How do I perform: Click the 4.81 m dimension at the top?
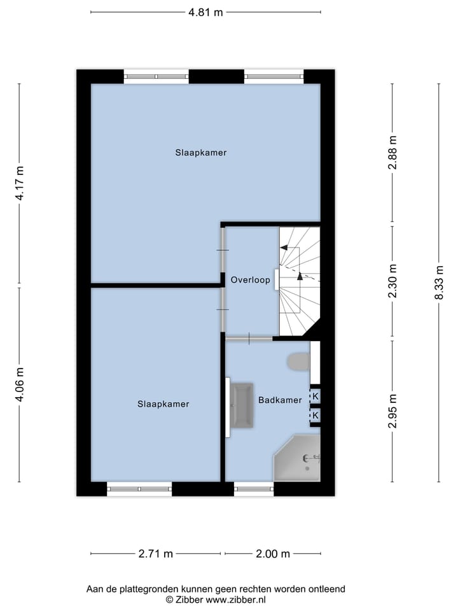click(x=205, y=11)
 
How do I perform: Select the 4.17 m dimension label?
click(x=20, y=183)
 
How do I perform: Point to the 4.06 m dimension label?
click(x=20, y=385)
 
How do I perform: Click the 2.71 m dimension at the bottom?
click(x=156, y=554)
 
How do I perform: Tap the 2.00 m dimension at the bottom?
click(x=272, y=554)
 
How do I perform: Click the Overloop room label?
click(x=251, y=279)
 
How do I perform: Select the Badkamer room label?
click(x=280, y=400)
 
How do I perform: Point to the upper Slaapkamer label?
click(x=201, y=153)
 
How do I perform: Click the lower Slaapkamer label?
click(x=163, y=404)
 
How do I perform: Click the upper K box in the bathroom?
click(x=315, y=397)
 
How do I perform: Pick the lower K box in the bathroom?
click(x=315, y=416)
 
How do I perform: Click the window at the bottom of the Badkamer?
click(x=253, y=489)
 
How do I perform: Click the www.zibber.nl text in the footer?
click(x=235, y=600)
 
